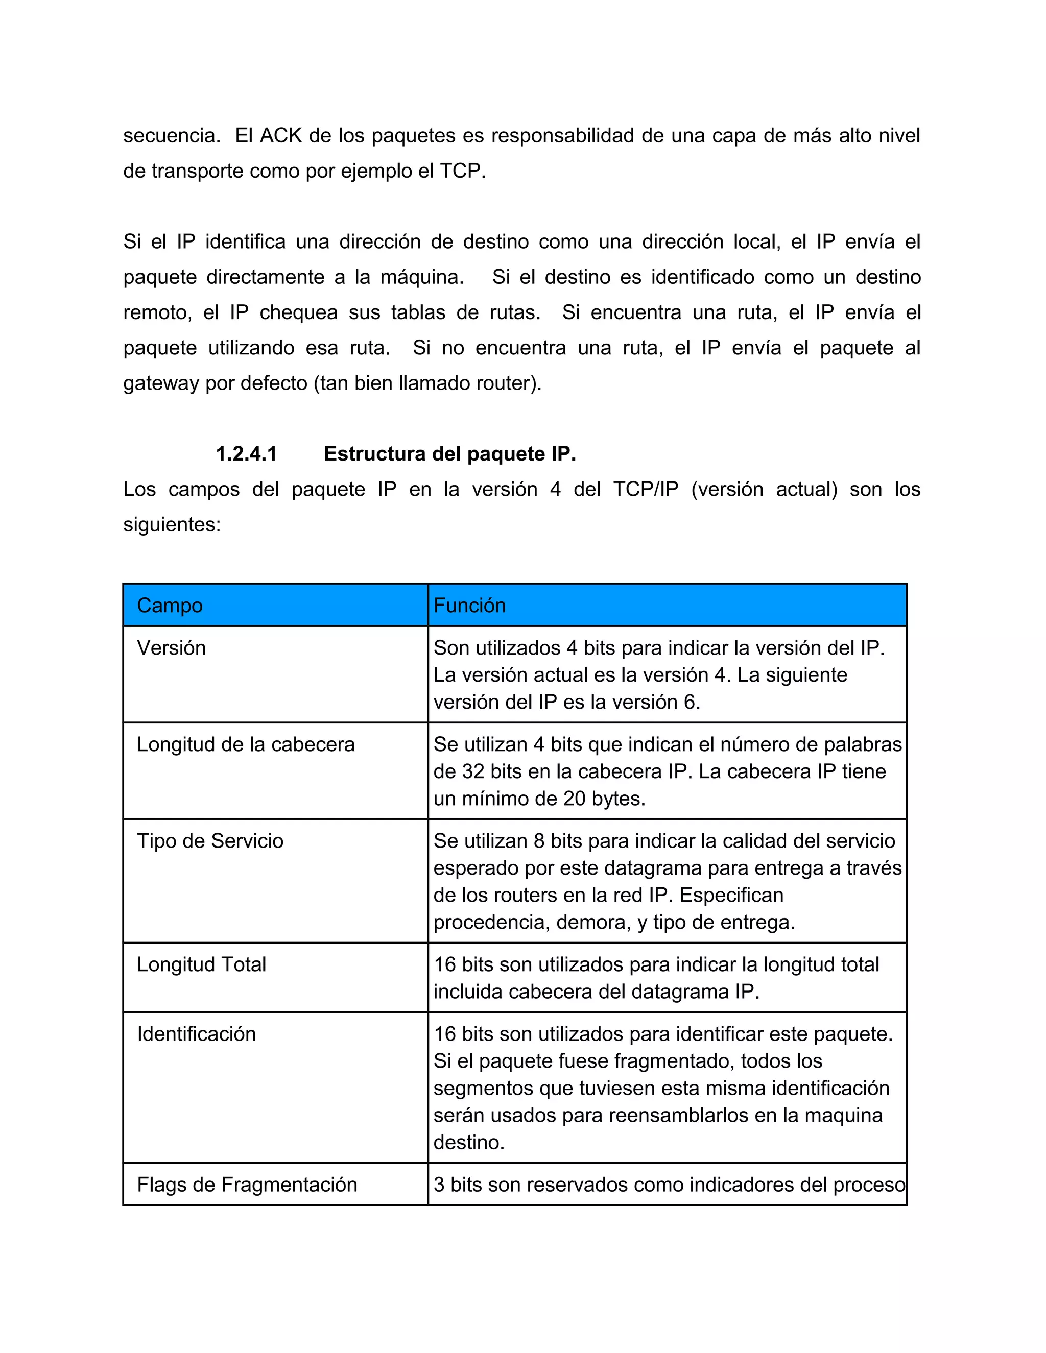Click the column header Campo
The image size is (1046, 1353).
click(x=170, y=605)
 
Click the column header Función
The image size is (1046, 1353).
click(x=469, y=605)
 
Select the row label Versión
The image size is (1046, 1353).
click(x=171, y=648)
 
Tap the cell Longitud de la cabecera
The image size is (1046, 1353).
click(x=245, y=744)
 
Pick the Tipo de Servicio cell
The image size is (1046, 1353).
click(x=210, y=841)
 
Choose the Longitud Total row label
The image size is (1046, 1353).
click(x=201, y=964)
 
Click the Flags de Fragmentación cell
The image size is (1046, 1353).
click(x=247, y=1185)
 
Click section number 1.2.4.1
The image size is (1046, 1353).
click(x=246, y=454)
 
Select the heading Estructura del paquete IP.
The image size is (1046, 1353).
click(x=450, y=454)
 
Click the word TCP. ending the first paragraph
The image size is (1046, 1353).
click(x=462, y=171)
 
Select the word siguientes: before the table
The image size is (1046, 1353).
click(x=172, y=525)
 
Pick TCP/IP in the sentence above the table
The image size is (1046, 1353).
click(x=646, y=490)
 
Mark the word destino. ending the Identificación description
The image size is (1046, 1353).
click(x=468, y=1142)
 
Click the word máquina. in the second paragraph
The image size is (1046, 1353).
click(x=422, y=277)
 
